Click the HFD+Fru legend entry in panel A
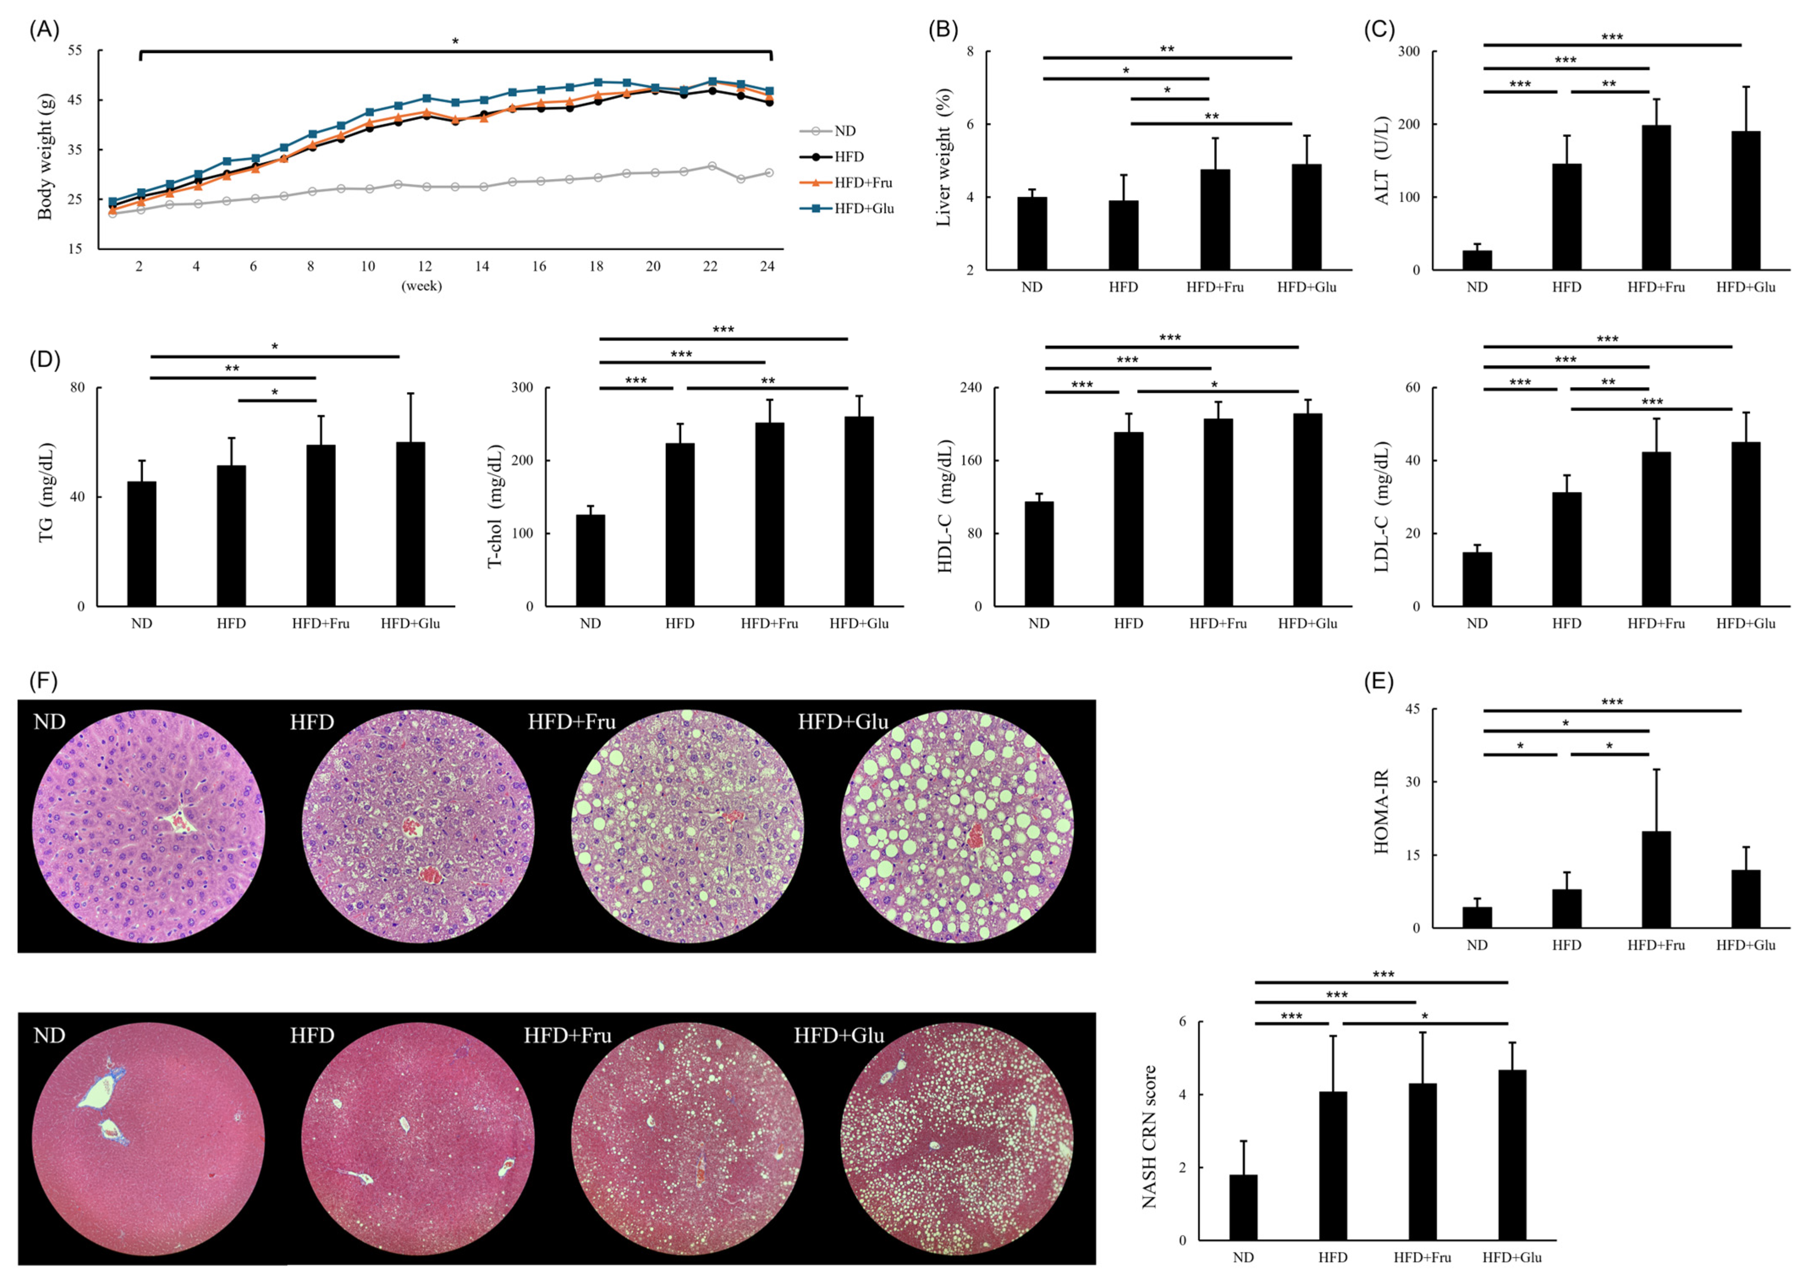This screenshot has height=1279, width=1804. click(863, 183)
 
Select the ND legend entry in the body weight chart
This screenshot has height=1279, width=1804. click(844, 131)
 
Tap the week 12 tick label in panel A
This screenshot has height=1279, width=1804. click(425, 266)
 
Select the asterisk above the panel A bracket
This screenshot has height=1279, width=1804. click(455, 41)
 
